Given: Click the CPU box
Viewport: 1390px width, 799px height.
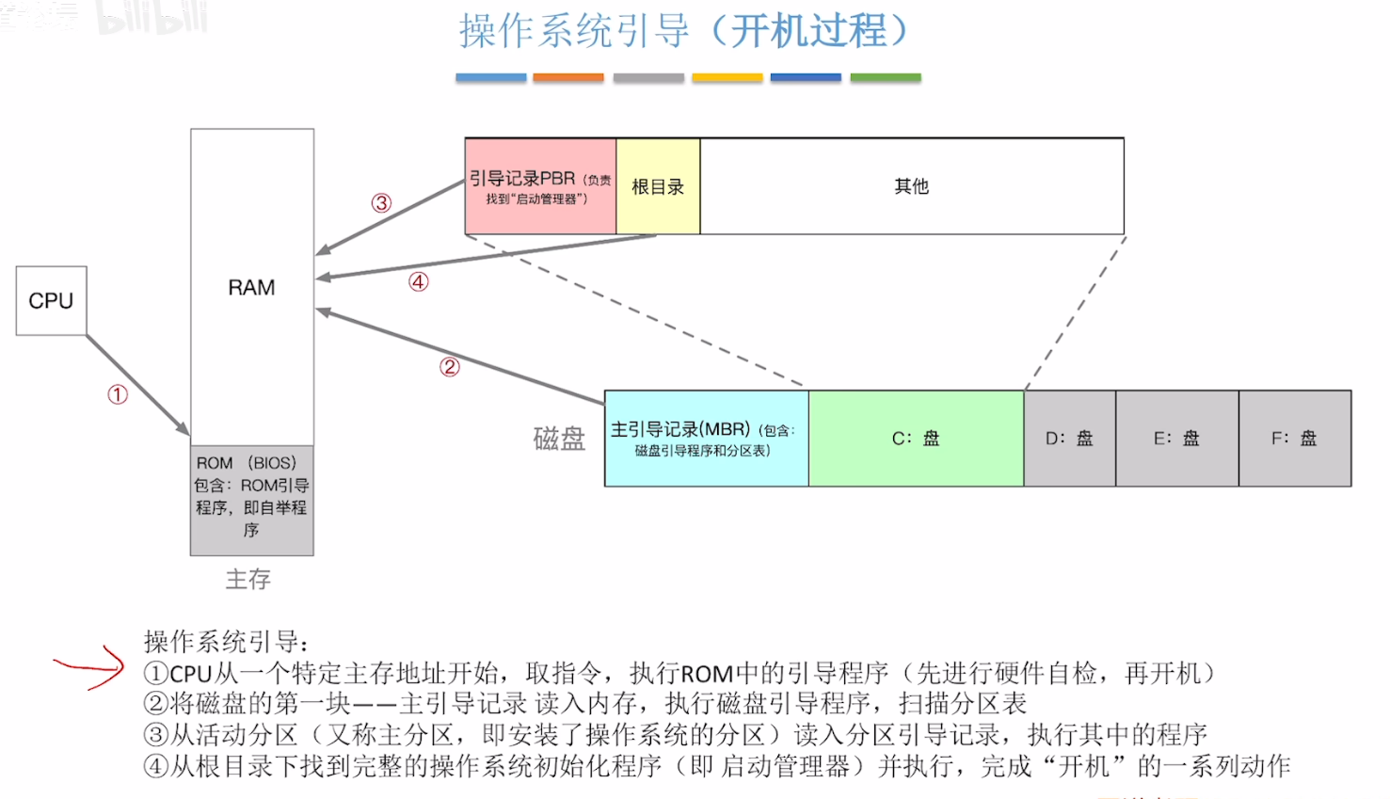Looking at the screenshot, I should coord(51,301).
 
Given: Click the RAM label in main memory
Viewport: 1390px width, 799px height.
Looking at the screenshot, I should coord(251,288).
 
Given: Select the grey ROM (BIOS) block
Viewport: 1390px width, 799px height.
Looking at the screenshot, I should coord(251,499).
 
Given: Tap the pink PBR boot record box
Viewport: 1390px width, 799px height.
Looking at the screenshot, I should coord(540,186).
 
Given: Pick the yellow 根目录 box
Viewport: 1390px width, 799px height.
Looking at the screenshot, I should coord(658,186).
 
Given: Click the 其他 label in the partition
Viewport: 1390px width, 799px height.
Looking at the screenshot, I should coord(911,186).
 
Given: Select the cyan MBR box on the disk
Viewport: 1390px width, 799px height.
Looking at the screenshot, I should coord(706,439).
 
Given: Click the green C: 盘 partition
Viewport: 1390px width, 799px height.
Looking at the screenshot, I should coord(916,439).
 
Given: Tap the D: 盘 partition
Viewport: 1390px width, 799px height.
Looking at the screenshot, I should coord(1069,439).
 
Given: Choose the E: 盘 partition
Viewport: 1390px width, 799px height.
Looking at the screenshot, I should coord(1176,439).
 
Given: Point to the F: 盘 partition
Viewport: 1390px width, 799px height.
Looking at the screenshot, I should coord(1294,439).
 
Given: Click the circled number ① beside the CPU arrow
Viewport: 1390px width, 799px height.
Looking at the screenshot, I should coord(118,394).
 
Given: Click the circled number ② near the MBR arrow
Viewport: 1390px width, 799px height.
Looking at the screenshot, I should coord(450,367).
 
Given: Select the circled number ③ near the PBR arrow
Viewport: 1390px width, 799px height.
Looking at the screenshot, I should coord(381,203).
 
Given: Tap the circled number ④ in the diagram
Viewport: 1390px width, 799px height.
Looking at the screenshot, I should coord(419,281).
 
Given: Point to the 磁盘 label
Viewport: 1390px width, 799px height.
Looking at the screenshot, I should coord(559,439).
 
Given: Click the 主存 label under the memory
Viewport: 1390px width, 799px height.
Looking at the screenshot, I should coord(248,579).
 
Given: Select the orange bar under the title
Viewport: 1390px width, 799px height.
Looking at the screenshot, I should coord(568,78).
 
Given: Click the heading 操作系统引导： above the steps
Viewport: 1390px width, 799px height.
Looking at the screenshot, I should coord(227,642).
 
